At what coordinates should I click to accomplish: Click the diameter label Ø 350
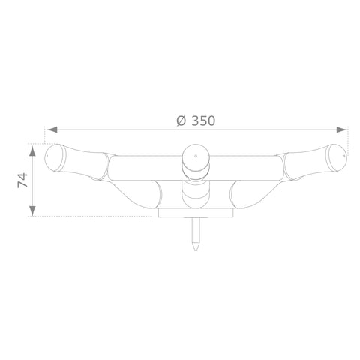point(196,121)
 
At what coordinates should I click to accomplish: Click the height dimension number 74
point(22,180)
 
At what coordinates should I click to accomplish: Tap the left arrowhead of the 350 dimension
point(52,130)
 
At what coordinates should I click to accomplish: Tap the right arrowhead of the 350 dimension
point(341,130)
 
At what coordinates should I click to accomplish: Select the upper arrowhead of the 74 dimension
point(32,151)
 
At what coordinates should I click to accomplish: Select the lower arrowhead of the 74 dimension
point(32,211)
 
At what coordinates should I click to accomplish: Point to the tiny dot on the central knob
point(196,156)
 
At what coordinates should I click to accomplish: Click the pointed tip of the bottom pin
point(196,250)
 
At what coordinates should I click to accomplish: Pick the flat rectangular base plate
point(196,212)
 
